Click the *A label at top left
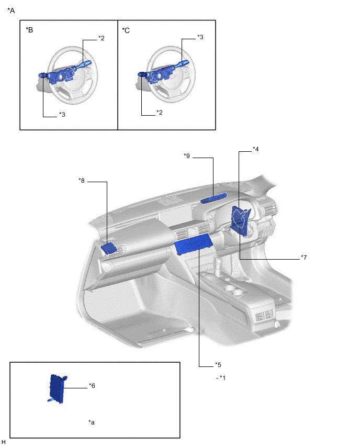(x=12, y=10)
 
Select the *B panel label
(x=29, y=30)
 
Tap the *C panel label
(x=126, y=30)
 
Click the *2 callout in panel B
(x=102, y=38)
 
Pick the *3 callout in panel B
(x=62, y=115)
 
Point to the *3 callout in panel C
(x=200, y=37)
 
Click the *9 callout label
(x=187, y=156)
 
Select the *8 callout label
(x=82, y=181)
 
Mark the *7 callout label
(x=303, y=258)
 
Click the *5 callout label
(x=218, y=365)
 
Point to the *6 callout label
(x=92, y=386)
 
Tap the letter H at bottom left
(x=4, y=442)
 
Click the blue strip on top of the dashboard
(x=215, y=198)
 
